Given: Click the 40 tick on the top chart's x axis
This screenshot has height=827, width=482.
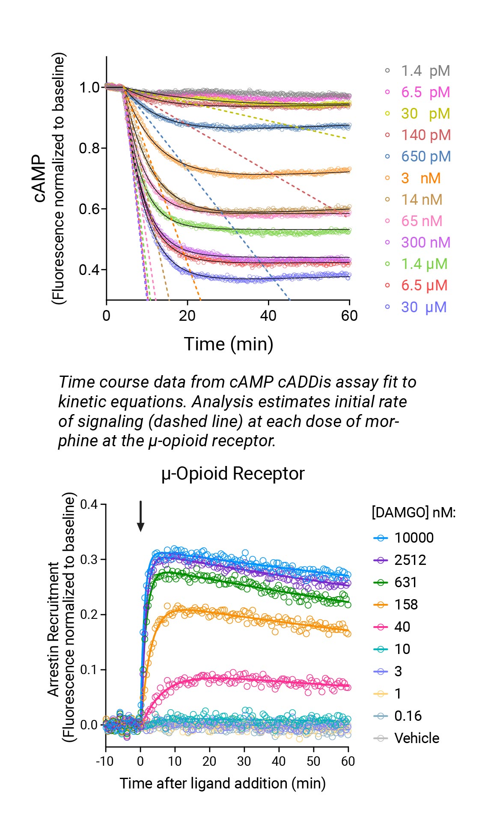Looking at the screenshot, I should (268, 316).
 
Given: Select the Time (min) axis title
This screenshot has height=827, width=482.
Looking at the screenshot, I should (229, 344).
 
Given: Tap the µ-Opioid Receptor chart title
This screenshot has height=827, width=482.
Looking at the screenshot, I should (233, 474).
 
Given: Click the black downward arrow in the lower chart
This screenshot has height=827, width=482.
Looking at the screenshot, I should (140, 516).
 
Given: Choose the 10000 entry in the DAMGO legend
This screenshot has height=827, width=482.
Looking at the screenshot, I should (414, 538).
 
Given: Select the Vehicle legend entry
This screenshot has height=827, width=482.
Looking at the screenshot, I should (417, 738).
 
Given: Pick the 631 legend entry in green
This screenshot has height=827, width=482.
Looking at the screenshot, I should (405, 582).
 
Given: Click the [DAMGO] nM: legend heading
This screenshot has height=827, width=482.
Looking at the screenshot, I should (414, 512).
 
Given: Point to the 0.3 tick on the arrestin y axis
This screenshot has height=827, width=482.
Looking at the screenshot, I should (89, 559).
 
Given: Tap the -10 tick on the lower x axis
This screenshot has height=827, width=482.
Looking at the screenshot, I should (104, 761).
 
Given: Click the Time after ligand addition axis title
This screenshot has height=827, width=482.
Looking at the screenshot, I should (223, 783).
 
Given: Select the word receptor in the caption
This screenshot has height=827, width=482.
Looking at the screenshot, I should (242, 440).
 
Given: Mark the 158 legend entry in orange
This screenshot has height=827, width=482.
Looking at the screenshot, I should (405, 605).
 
